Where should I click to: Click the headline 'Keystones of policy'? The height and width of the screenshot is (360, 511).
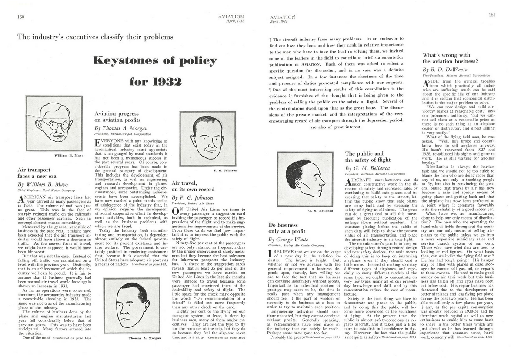(154, 60)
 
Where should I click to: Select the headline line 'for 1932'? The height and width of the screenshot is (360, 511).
(155, 81)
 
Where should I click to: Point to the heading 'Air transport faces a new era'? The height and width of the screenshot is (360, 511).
(37, 173)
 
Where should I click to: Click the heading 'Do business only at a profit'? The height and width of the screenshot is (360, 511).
(287, 228)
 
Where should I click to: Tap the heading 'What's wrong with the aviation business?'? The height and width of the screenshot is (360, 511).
(447, 58)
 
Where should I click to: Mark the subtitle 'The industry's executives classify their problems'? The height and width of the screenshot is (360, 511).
(95, 37)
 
